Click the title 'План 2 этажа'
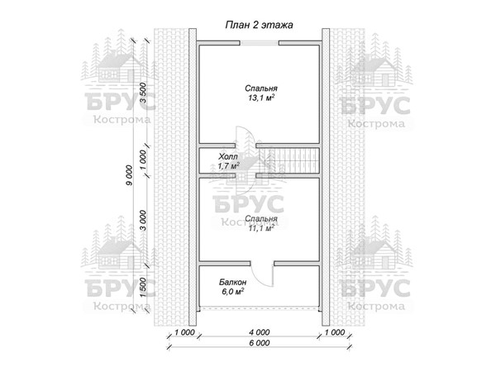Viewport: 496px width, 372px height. (259, 25)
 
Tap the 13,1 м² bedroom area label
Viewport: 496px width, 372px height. (261, 98)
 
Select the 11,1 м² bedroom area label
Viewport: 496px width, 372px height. (261, 228)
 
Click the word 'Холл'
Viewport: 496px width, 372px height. (228, 156)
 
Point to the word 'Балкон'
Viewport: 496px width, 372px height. (233, 282)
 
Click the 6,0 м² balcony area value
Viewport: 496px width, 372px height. (232, 291)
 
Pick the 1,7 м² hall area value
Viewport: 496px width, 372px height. (228, 166)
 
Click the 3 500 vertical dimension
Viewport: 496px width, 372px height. (143, 93)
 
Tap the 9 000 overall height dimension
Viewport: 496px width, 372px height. (130, 175)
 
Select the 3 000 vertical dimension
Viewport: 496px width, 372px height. (143, 220)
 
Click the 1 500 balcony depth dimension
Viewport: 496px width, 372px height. (143, 288)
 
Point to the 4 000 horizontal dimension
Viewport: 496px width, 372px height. (260, 332)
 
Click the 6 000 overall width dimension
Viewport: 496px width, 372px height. (260, 343)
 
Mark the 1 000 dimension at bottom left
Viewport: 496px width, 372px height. (184, 332)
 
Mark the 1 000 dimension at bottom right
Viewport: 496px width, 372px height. (335, 332)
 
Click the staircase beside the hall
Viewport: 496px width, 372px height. (289, 160)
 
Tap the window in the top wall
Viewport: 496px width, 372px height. (259, 43)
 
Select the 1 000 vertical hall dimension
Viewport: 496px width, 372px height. (143, 160)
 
